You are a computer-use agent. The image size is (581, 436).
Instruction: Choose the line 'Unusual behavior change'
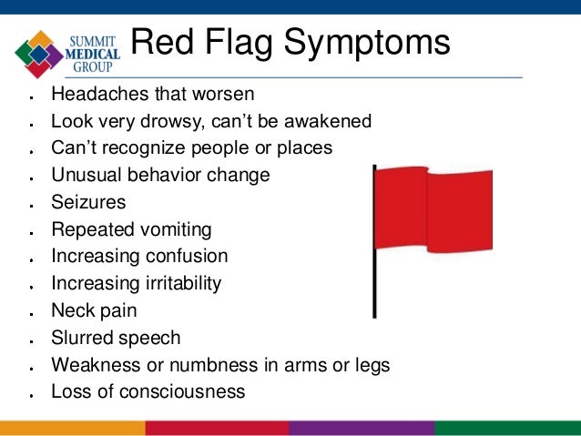click(160, 175)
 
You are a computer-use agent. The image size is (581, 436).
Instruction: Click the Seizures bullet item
click(88, 202)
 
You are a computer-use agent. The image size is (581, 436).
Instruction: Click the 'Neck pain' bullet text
click(94, 310)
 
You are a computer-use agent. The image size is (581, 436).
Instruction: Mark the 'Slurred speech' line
click(116, 338)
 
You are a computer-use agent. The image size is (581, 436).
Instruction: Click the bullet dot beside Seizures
click(31, 204)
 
